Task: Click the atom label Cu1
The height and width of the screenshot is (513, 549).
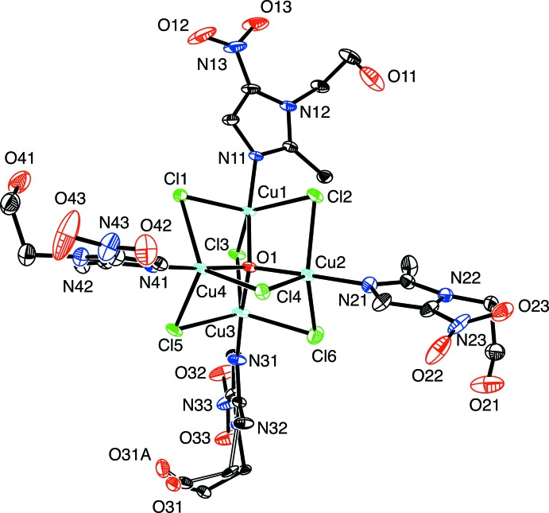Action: pyautogui.click(x=271, y=193)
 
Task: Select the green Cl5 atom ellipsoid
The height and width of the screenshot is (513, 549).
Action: pyautogui.click(x=182, y=327)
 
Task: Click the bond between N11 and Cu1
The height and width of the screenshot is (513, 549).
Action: pyautogui.click(x=251, y=182)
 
